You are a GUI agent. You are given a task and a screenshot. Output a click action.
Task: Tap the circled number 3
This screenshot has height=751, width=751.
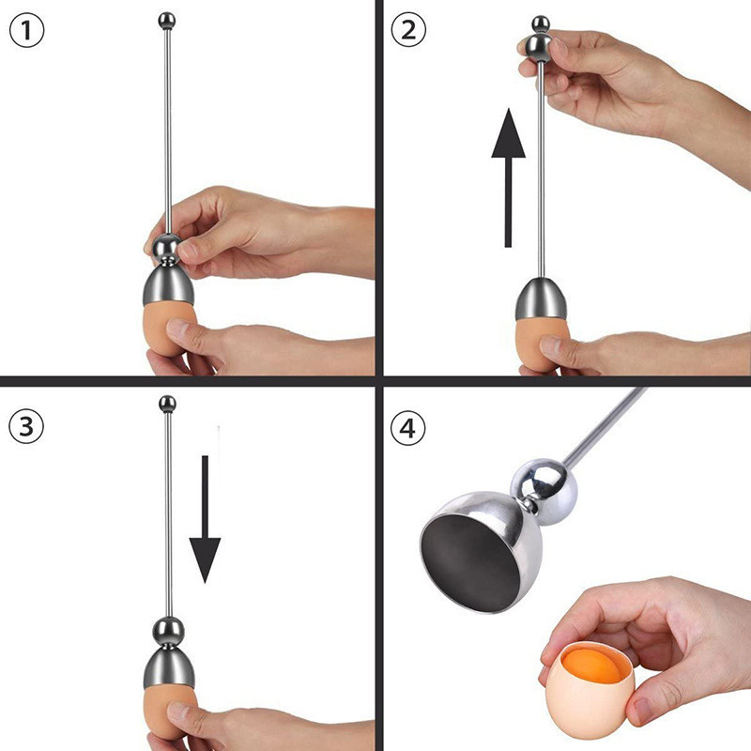[x=28, y=427]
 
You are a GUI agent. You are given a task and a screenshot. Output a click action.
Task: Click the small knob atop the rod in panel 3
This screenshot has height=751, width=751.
[x=166, y=405]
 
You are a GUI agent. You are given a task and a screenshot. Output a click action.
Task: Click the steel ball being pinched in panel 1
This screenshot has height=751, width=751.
[x=167, y=248]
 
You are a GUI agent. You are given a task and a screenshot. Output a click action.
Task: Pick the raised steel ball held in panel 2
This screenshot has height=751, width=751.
[x=540, y=43]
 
